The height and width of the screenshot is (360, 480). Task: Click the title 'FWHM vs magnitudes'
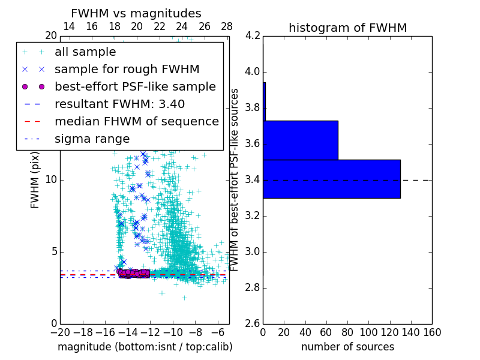(136, 13)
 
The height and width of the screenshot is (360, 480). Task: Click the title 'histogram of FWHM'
(347, 28)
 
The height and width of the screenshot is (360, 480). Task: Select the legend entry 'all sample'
(85, 52)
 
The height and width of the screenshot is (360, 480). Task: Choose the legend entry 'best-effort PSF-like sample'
(135, 86)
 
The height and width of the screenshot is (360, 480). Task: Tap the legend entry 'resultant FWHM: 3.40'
(119, 104)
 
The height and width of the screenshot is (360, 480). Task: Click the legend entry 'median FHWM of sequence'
(136, 121)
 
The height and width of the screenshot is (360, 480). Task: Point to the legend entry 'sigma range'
(92, 139)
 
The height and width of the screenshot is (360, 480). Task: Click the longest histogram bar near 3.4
(331, 179)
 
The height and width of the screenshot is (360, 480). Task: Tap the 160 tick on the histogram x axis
(432, 332)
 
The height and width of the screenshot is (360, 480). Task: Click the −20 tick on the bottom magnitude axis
(60, 332)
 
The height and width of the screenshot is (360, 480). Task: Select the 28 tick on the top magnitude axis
(227, 26)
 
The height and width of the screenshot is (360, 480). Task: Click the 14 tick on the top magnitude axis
(69, 26)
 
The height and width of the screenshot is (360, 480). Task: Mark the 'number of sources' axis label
(347, 347)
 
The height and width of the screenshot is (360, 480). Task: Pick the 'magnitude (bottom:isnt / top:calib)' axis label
(145, 347)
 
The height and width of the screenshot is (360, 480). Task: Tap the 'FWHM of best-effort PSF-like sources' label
(235, 179)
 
